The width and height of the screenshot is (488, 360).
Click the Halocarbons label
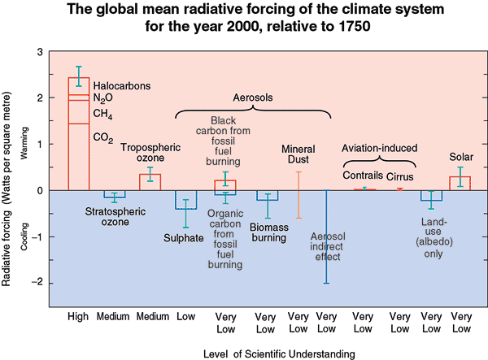pos(122,85)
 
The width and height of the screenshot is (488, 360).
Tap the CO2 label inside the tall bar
pos(103,137)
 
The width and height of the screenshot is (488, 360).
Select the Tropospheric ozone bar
pos(150,182)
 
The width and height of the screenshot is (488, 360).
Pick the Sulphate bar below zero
pos(186,200)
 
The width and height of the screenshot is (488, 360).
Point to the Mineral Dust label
pos(298,154)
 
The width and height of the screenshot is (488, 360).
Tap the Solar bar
pos(460,183)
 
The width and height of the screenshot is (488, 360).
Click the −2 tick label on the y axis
pos(37,283)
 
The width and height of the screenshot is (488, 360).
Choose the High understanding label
pos(78,316)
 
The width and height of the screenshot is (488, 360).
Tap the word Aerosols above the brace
pos(253,97)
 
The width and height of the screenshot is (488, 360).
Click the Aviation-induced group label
pos(379,149)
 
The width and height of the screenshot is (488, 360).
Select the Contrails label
pos(362,176)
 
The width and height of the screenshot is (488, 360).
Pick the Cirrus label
pos(400,176)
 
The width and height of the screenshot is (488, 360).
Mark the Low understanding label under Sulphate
pos(187,316)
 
